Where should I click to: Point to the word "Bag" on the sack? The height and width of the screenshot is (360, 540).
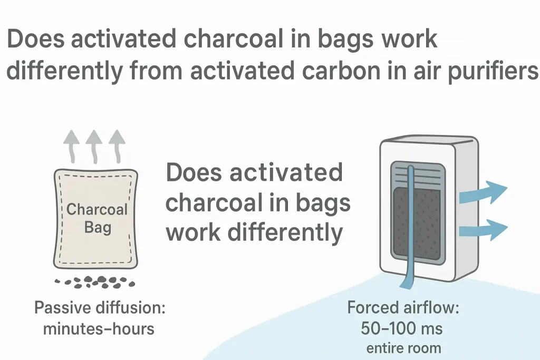click(98, 229)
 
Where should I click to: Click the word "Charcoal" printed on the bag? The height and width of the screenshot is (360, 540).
click(97, 209)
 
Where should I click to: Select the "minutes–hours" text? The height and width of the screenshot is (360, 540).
click(99, 329)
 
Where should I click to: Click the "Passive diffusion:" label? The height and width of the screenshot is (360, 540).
click(100, 308)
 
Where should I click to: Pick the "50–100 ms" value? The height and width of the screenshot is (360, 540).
click(402, 328)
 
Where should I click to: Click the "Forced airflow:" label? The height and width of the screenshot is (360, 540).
click(403, 308)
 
